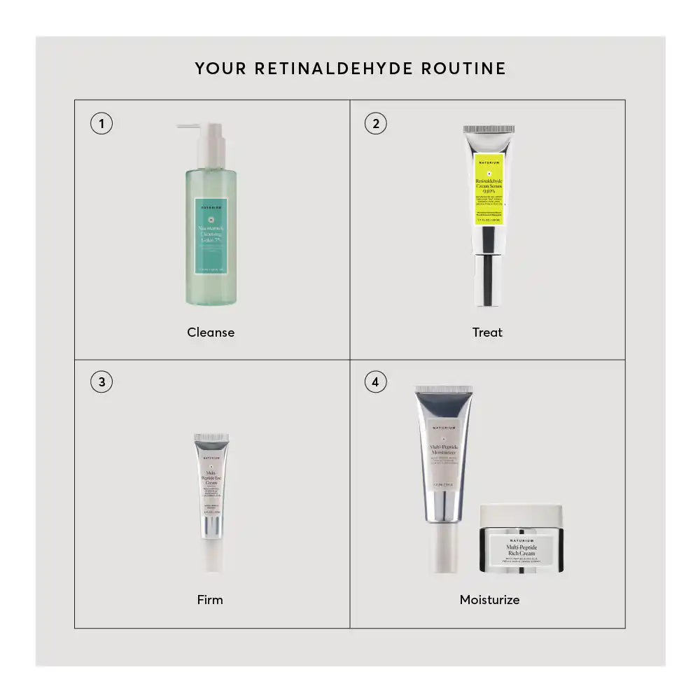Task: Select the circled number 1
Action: coord(101,125)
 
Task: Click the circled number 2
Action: coord(376,125)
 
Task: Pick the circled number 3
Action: coord(101,382)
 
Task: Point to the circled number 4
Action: coord(376,382)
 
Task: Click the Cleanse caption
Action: coord(211,332)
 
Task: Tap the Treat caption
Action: coord(487,332)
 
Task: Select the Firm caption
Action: coord(210,599)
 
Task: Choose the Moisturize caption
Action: coord(489,599)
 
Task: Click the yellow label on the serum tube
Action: coord(489,189)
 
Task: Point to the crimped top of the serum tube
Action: coord(489,129)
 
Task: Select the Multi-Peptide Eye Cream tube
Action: coord(211,490)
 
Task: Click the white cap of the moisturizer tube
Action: coord(443,546)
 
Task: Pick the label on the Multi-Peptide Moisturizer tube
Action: coord(443,455)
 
